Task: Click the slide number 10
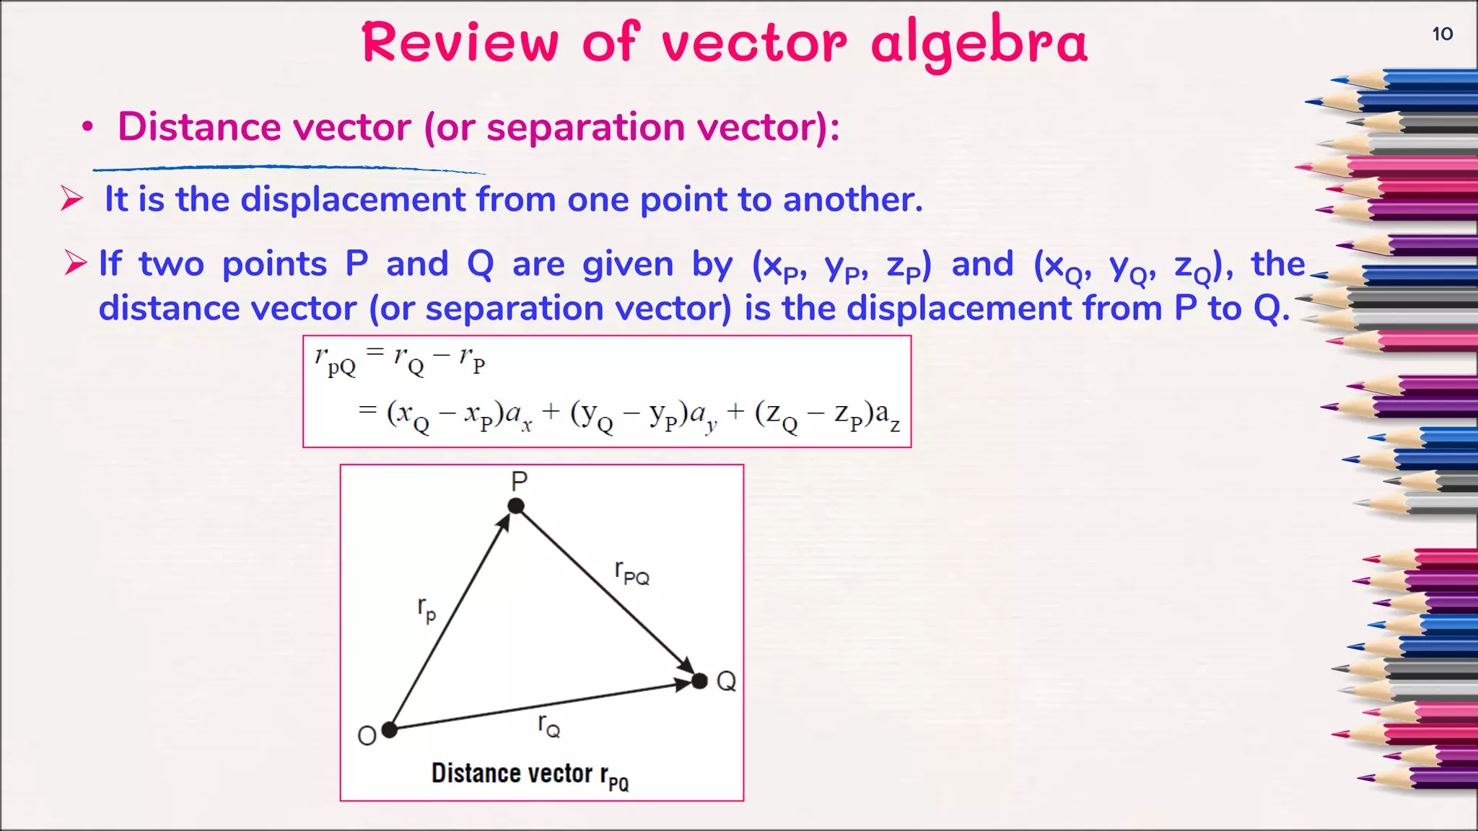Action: click(x=1442, y=34)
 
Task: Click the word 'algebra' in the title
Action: click(x=979, y=43)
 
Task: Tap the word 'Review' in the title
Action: click(x=460, y=43)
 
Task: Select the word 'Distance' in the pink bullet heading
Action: click(x=199, y=127)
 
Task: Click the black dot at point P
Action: click(x=516, y=506)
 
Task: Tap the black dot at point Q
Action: click(x=699, y=680)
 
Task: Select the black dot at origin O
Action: click(x=390, y=730)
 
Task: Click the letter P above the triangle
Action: click(x=520, y=480)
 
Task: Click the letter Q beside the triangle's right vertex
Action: click(x=726, y=681)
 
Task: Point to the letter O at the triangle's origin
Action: click(x=367, y=736)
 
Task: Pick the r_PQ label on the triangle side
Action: click(x=631, y=573)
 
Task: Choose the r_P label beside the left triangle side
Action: click(x=427, y=609)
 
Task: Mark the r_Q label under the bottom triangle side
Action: click(x=549, y=725)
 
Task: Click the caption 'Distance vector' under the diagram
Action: click(x=512, y=773)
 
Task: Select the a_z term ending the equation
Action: click(x=887, y=416)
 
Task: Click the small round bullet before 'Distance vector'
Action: click(x=87, y=128)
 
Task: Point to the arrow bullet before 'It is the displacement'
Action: click(x=72, y=198)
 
